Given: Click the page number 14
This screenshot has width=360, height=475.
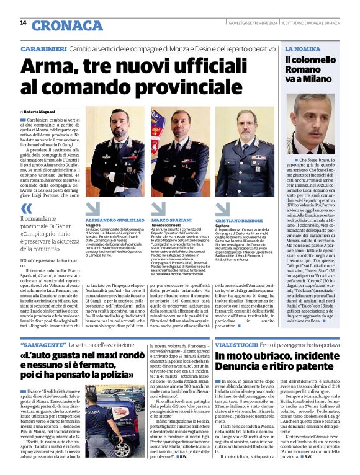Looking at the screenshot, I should (x=23, y=23).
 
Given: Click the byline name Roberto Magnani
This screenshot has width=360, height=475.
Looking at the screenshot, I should (x=41, y=110).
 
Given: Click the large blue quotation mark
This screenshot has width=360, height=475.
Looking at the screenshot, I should (x=26, y=209).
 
